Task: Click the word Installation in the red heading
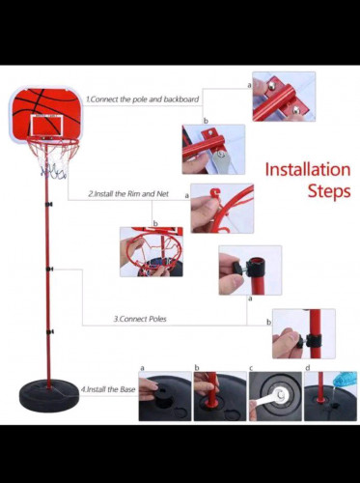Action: [x=308, y=170]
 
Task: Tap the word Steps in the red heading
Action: [x=329, y=191]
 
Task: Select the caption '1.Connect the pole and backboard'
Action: [x=143, y=99]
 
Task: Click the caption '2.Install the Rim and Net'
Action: [x=128, y=194]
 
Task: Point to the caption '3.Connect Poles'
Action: [x=140, y=319]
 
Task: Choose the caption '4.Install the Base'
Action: [x=108, y=389]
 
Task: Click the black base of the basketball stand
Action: [x=49, y=397]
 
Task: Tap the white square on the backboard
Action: [x=46, y=126]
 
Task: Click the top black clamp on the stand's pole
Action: [x=49, y=204]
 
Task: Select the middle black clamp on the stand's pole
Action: [x=49, y=269]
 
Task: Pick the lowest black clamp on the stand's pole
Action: [x=50, y=331]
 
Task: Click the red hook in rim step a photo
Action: [x=215, y=194]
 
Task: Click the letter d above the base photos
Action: [x=308, y=368]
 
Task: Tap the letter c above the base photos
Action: [x=251, y=368]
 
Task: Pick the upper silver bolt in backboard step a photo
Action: [x=272, y=86]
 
